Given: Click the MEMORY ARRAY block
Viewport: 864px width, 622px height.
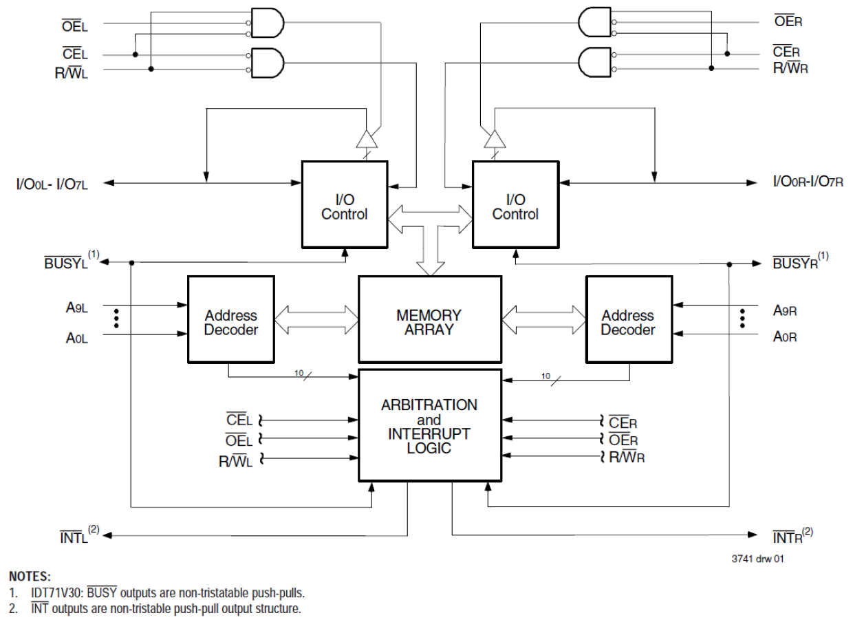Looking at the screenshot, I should pos(429,319).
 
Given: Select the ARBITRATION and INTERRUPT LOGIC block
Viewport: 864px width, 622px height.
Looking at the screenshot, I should pos(429,425).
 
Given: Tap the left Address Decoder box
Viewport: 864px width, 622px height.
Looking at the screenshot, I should pos(231,319).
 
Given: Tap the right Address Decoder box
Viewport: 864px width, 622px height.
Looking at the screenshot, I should pos(628,319).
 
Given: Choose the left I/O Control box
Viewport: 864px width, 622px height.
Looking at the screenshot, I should pos(345,206).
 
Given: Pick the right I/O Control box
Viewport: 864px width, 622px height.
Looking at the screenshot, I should pos(515,206).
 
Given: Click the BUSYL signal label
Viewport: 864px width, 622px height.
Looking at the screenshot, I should pos(67,263).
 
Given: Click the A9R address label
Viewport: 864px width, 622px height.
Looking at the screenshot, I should pos(784,311).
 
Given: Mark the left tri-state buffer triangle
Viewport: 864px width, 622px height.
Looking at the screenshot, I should pos(366,139).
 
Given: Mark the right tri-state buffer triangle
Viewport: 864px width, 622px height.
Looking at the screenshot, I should pos(494,139).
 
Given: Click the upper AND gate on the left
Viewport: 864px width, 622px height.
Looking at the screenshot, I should pos(268,24).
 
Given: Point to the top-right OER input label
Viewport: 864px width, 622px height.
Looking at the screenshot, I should pos(788,21).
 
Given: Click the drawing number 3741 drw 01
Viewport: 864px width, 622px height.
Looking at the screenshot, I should pos(757,559).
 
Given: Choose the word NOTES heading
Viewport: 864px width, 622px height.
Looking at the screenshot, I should pos(30,577).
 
